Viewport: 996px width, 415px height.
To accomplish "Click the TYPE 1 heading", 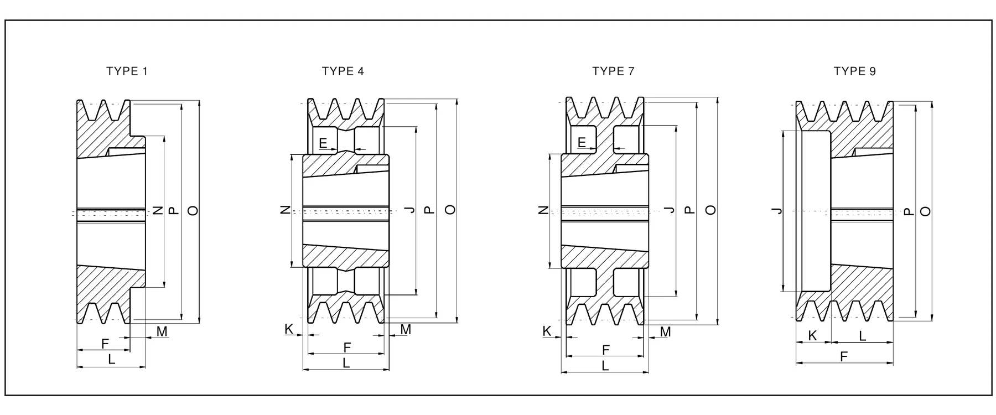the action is click(127, 71).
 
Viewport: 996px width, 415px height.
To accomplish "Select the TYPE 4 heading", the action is click(343, 71).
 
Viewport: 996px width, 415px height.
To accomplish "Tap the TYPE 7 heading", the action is click(613, 71).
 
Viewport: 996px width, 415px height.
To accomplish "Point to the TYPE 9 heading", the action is click(855, 71).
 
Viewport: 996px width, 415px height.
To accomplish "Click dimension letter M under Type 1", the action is click(162, 331).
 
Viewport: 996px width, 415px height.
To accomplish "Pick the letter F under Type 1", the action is click(105, 344).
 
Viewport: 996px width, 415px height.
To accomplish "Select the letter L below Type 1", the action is click(111, 359).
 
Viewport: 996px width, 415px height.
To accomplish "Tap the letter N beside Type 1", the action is click(158, 210).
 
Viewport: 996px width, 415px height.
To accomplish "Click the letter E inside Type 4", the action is click(324, 144).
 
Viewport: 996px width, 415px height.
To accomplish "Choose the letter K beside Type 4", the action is click(289, 329).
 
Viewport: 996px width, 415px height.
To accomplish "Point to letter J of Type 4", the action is click(409, 210).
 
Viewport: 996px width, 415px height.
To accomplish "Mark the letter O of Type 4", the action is click(451, 210).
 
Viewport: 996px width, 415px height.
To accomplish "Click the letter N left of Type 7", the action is click(543, 210).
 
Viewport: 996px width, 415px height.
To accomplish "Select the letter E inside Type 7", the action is click(582, 143).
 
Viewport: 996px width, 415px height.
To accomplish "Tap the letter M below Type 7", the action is click(666, 332).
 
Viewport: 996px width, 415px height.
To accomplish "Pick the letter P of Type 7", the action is click(689, 210).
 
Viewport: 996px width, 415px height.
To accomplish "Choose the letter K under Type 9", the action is click(812, 336).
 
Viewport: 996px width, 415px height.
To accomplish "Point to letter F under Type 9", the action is click(844, 357).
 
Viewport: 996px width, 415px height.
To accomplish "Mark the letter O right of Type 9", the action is click(925, 211).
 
